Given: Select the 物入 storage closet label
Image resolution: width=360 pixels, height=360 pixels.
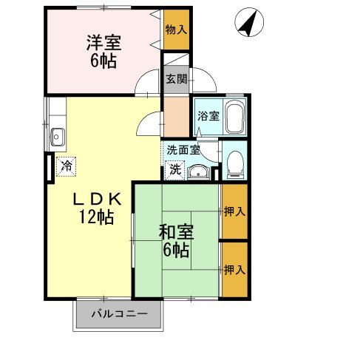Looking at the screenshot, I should [x=175, y=29].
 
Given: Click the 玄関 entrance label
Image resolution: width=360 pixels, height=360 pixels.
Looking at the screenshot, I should [x=175, y=79].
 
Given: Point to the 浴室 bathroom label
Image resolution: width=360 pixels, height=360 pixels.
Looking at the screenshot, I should [x=208, y=115].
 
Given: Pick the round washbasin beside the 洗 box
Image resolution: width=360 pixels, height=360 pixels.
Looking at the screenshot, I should [x=197, y=172].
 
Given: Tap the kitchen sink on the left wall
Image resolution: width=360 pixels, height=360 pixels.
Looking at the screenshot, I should [x=58, y=137].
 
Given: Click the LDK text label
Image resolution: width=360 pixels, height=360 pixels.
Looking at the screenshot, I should [x=96, y=200].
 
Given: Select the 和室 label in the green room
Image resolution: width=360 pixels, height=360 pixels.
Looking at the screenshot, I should [x=175, y=231].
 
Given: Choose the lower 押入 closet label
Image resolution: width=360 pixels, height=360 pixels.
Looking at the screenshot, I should [x=234, y=270].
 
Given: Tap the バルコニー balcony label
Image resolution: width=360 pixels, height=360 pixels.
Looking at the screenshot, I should [x=119, y=314].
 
